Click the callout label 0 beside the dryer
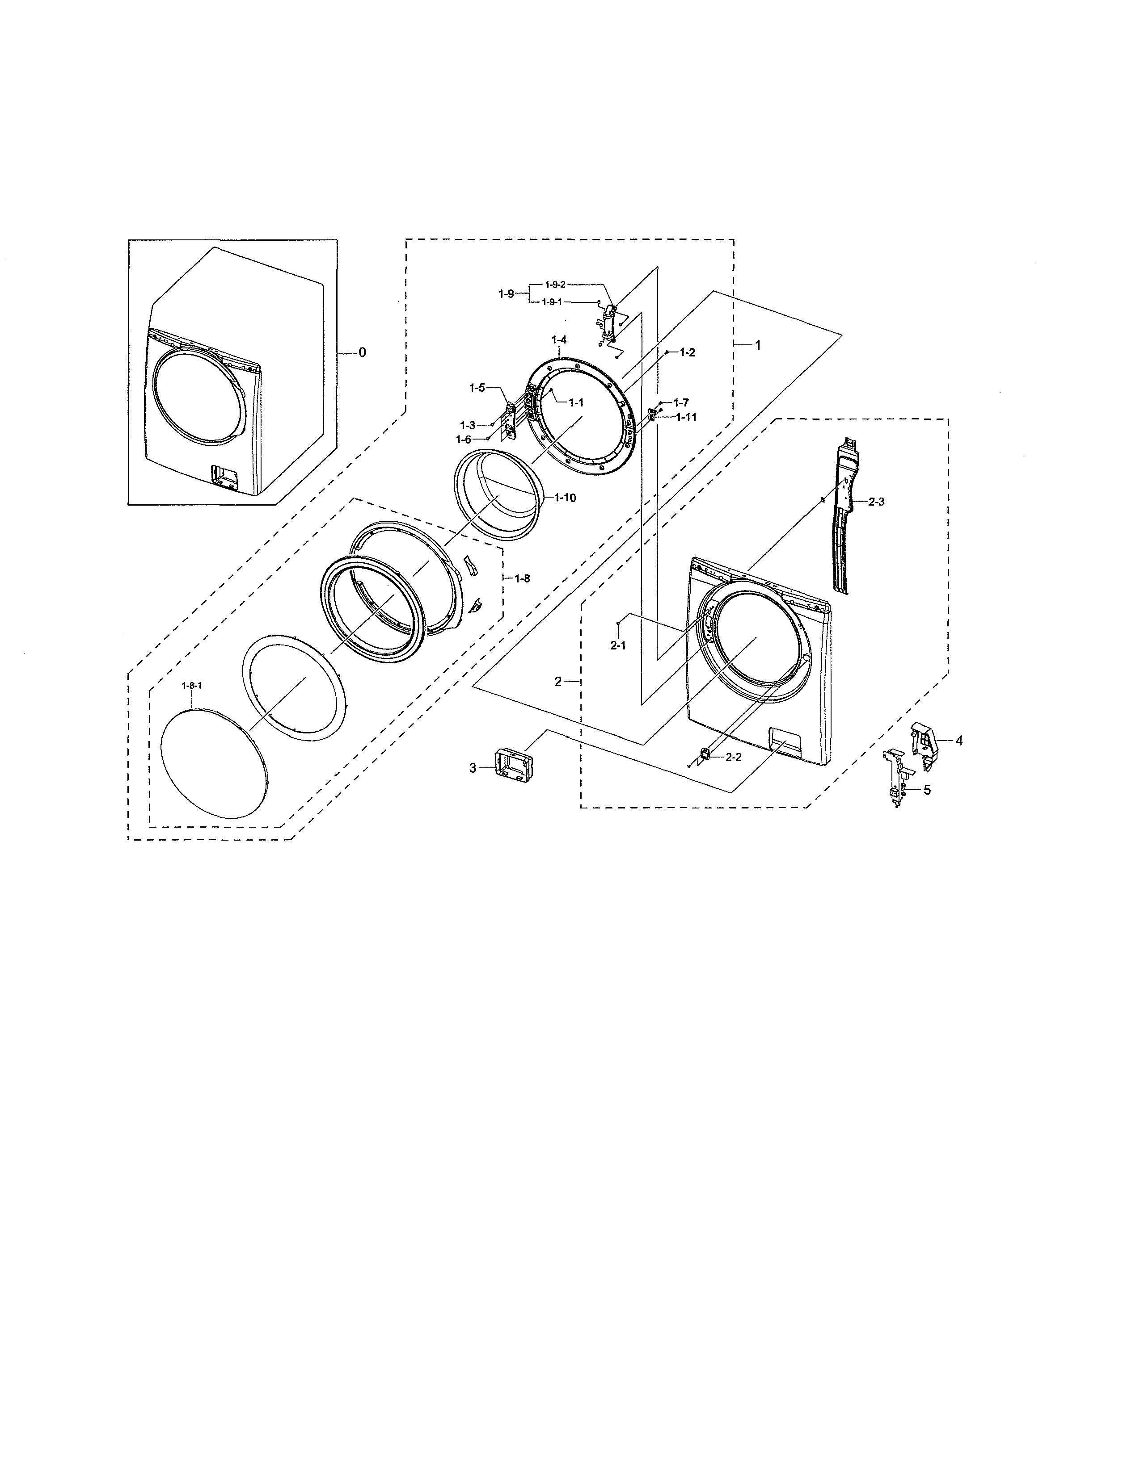point(362,352)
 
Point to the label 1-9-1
point(552,301)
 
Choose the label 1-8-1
point(192,685)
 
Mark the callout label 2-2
point(734,757)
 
